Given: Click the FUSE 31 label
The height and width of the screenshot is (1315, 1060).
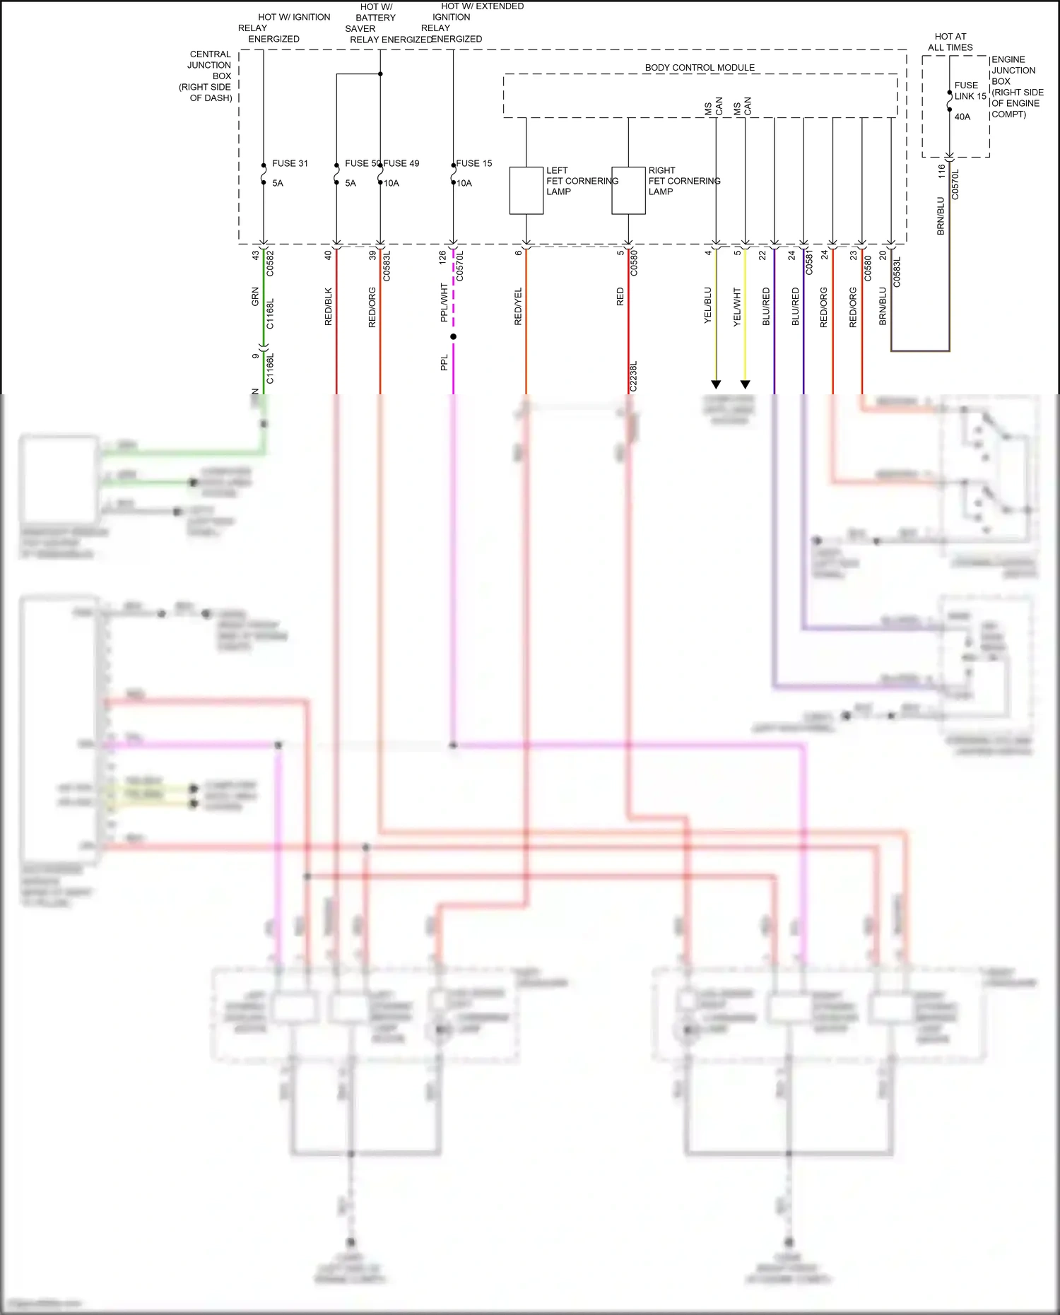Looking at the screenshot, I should click(x=290, y=163).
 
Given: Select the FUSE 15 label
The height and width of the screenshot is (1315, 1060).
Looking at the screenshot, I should click(x=474, y=163).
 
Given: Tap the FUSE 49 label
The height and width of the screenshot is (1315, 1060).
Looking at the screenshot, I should click(x=401, y=163).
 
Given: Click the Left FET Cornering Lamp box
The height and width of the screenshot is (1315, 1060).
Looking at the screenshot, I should click(x=526, y=191).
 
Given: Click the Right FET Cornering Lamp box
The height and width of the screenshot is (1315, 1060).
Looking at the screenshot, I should click(x=628, y=191).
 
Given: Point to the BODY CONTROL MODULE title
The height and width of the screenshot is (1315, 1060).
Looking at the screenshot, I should click(x=700, y=68).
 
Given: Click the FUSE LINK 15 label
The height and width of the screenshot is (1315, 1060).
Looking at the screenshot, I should click(x=970, y=90).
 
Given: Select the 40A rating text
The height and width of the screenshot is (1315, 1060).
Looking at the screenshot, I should click(x=962, y=117).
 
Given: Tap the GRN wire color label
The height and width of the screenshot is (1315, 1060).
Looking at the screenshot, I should click(x=255, y=297).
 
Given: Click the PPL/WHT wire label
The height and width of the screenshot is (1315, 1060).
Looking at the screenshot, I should click(x=444, y=303).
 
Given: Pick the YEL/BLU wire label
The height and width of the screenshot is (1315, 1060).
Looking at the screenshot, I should click(x=707, y=306).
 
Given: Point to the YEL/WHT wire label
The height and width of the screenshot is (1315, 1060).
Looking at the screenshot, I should click(x=736, y=306).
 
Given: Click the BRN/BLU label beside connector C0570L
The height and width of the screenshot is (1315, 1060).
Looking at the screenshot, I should click(x=941, y=216).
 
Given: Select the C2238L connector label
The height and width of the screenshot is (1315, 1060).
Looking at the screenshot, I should click(x=633, y=376).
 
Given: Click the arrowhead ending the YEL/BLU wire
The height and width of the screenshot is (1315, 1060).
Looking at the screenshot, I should click(x=716, y=384).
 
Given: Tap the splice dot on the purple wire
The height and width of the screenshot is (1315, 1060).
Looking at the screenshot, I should click(x=453, y=336).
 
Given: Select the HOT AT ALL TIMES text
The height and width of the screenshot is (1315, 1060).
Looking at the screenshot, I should click(x=950, y=42).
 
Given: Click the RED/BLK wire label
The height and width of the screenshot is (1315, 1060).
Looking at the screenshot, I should click(x=328, y=306).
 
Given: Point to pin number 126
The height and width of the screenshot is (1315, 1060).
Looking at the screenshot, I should click(x=442, y=257).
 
